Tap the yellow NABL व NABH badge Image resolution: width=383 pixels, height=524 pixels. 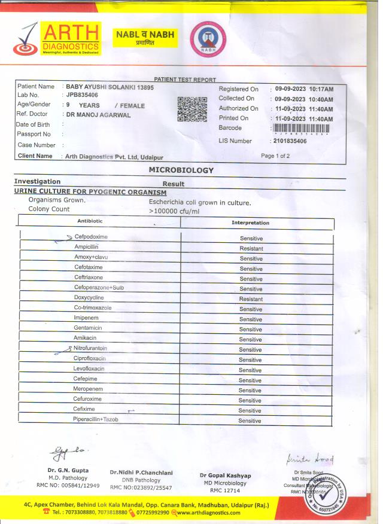click(145, 38)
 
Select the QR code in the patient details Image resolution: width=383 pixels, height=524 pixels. click(192, 109)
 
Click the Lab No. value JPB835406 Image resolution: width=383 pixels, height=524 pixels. click(83, 95)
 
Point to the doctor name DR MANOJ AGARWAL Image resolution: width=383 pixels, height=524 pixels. click(98, 114)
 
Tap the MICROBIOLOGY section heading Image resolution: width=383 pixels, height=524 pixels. click(181, 170)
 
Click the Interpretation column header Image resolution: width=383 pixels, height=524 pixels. click(250, 223)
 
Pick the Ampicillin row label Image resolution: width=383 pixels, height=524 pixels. click(86, 247)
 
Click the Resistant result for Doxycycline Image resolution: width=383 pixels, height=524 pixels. click(251, 298)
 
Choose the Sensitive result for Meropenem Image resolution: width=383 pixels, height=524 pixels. click(250, 390)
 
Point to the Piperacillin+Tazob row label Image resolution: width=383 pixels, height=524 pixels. click(96, 419)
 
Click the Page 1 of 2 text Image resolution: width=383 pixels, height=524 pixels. click(275, 156)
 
